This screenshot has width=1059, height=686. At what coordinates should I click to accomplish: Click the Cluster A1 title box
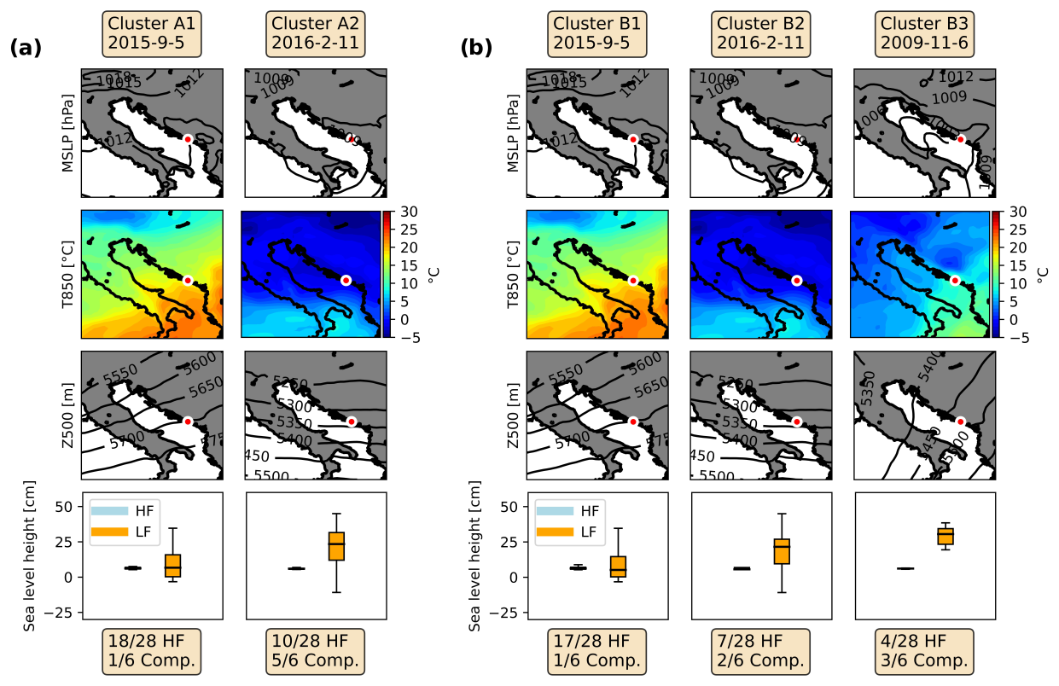[152, 34]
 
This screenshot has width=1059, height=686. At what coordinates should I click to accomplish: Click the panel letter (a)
[26, 49]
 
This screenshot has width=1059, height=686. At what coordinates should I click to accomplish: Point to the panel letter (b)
[476, 49]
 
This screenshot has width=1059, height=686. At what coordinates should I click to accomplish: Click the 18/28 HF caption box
[152, 650]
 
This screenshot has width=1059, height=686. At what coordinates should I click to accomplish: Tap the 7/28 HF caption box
[760, 650]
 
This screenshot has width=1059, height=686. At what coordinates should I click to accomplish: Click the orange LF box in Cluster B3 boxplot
[945, 536]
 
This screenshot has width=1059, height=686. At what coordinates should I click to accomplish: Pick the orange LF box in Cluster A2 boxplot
[337, 545]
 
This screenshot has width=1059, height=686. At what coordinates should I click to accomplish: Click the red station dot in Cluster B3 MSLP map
[960, 139]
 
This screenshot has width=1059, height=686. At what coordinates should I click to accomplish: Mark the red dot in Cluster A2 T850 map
[346, 280]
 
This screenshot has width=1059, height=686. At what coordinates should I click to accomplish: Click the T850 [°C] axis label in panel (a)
[67, 274]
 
